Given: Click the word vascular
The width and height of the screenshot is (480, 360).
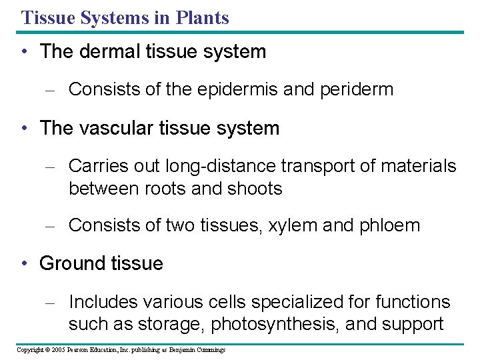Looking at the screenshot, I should click(x=119, y=128).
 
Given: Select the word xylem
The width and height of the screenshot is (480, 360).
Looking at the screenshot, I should click(x=295, y=225).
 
